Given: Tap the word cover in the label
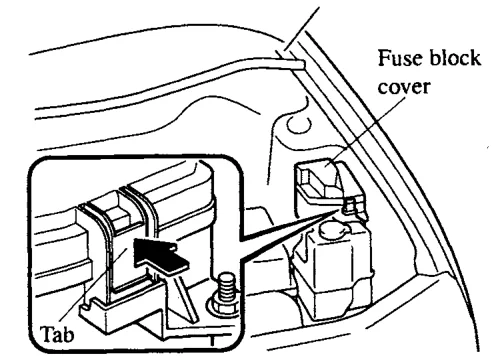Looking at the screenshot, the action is (404, 86).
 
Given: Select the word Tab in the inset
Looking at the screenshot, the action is (57, 334).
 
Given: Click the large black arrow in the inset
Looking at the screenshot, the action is (158, 255).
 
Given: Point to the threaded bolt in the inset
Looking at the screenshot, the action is (226, 287).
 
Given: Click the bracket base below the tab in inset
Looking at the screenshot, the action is (123, 310).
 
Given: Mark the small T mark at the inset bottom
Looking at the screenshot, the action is (212, 340).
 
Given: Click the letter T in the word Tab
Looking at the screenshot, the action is (47, 334).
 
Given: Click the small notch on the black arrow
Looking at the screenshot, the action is (172, 248).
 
